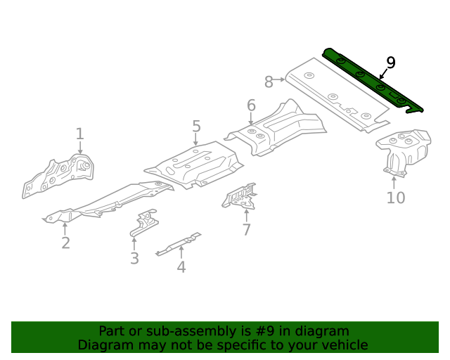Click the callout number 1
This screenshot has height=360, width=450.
coord(79,134)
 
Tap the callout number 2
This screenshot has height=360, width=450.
coord(65,243)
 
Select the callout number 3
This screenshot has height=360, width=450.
coord(134,259)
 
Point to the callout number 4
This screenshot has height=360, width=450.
coord(181,267)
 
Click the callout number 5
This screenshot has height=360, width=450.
coord(196,127)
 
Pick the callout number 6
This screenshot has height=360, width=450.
coord(251,106)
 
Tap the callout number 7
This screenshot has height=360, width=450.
coord(246,230)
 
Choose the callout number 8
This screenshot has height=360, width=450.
coord(269,82)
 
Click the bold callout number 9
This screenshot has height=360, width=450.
coord(391,63)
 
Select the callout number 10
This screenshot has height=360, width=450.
coord(396,198)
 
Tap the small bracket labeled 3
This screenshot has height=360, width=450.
coord(143,224)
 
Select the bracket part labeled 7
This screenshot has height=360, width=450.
coord(239,197)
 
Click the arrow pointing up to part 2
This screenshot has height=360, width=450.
coord(65,227)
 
